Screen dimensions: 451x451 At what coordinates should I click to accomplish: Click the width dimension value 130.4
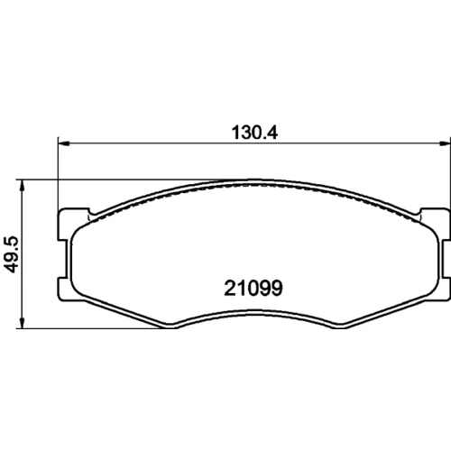(x=254, y=133)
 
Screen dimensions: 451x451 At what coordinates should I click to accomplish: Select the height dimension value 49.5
(x=13, y=254)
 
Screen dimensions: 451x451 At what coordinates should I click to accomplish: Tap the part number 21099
(x=253, y=288)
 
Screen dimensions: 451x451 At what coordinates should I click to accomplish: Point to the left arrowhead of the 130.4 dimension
(x=63, y=143)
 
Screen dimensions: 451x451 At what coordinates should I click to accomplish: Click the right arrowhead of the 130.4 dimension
(x=445, y=143)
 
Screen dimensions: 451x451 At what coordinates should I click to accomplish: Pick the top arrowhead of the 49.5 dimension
(x=22, y=186)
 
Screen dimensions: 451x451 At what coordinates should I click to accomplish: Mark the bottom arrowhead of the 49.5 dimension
(x=22, y=323)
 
